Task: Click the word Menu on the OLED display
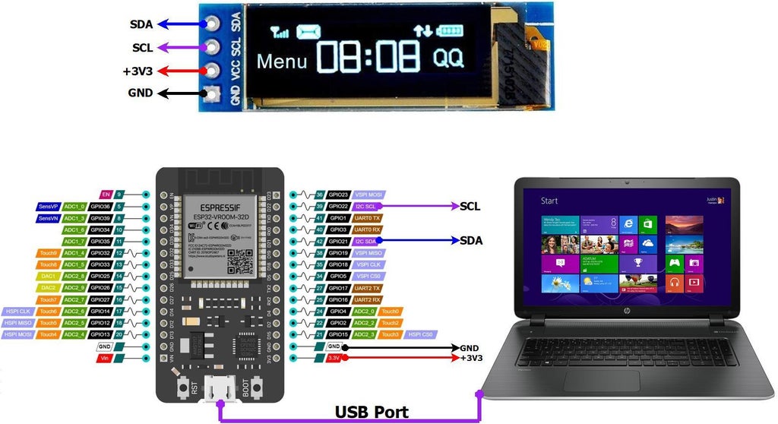(x=282, y=61)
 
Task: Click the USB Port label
(x=372, y=413)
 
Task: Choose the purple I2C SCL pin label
(x=366, y=206)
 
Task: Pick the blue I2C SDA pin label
(x=366, y=241)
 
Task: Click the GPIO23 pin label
(x=338, y=195)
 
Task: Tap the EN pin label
(x=106, y=195)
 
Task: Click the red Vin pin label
(x=105, y=357)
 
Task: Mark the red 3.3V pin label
(x=334, y=357)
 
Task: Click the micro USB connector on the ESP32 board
(x=220, y=390)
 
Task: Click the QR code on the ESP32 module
(x=240, y=261)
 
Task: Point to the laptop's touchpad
(x=612, y=380)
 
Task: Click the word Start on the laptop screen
(x=549, y=201)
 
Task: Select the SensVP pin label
(x=48, y=206)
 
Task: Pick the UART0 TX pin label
(x=367, y=218)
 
